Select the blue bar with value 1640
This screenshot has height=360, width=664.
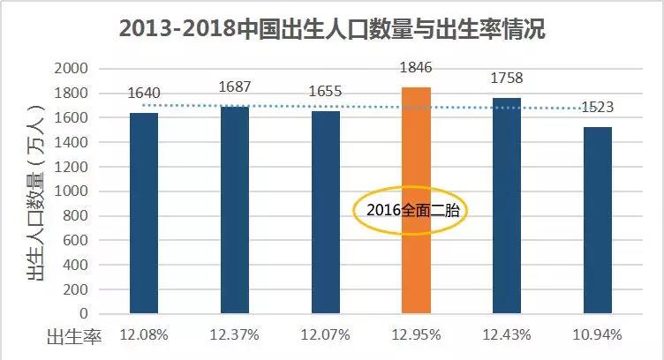click(144, 213)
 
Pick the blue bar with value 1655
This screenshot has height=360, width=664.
click(325, 212)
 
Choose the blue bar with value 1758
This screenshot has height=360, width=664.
click(507, 205)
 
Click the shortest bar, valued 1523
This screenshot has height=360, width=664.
click(598, 220)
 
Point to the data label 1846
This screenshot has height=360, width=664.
click(417, 67)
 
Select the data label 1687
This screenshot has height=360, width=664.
click(234, 86)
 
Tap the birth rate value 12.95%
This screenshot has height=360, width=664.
click(416, 335)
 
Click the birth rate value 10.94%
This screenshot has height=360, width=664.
click(598, 335)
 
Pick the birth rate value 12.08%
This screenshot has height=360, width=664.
click(144, 335)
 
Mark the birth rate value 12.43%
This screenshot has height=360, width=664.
click(507, 335)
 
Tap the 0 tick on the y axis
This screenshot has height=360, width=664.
click(84, 313)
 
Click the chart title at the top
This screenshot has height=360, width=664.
click(331, 29)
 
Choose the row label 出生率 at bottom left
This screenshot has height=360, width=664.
click(75, 335)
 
